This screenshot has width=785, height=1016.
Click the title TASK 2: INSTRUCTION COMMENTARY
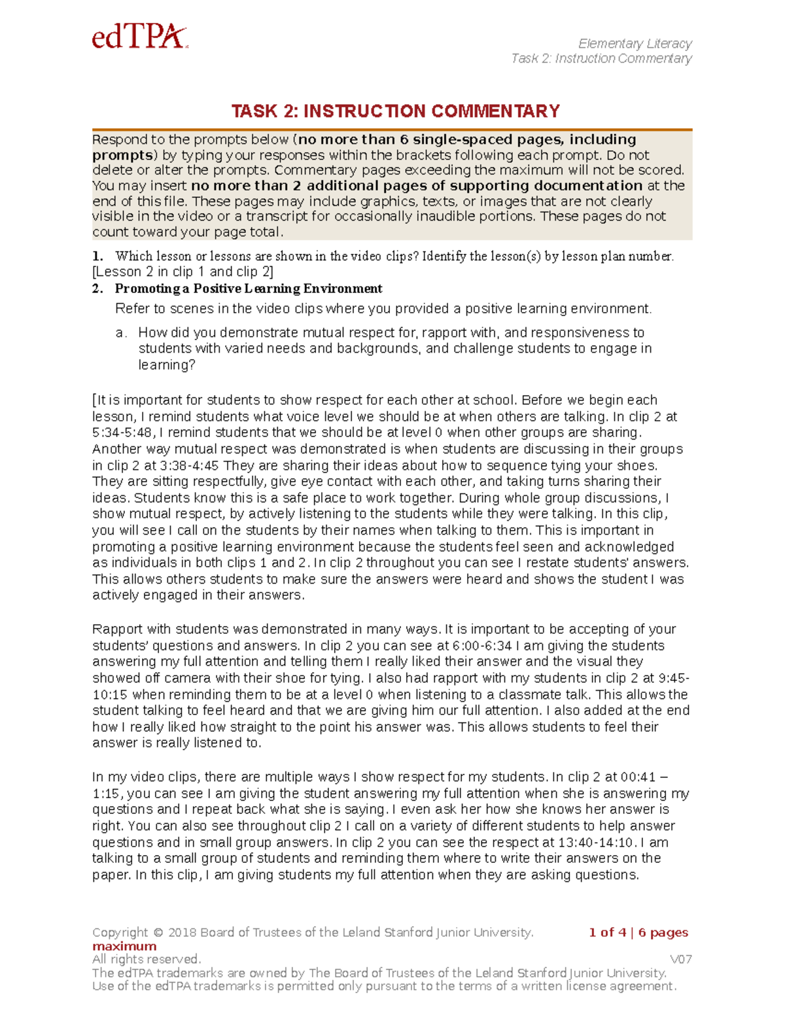(395, 111)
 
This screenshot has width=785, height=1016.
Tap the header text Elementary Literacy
(635, 44)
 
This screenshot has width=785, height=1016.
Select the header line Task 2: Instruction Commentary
(601, 59)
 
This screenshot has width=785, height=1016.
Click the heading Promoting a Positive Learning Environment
(249, 289)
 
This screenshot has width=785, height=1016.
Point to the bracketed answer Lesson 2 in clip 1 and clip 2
(183, 272)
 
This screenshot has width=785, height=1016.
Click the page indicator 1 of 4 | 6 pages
(638, 933)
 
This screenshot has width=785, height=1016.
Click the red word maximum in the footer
(124, 947)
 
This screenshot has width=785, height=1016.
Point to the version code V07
(681, 960)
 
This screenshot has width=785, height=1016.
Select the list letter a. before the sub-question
(121, 333)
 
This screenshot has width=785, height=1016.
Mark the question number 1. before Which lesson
(97, 256)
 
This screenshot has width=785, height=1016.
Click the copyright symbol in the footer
(158, 933)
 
